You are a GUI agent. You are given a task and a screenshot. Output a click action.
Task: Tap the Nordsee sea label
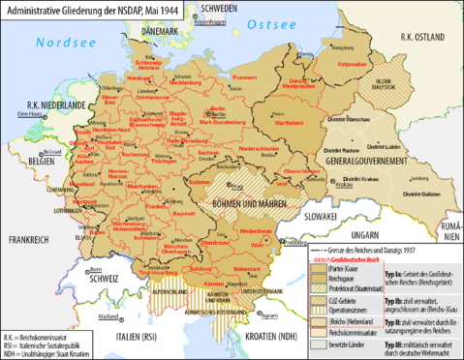(60, 44)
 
